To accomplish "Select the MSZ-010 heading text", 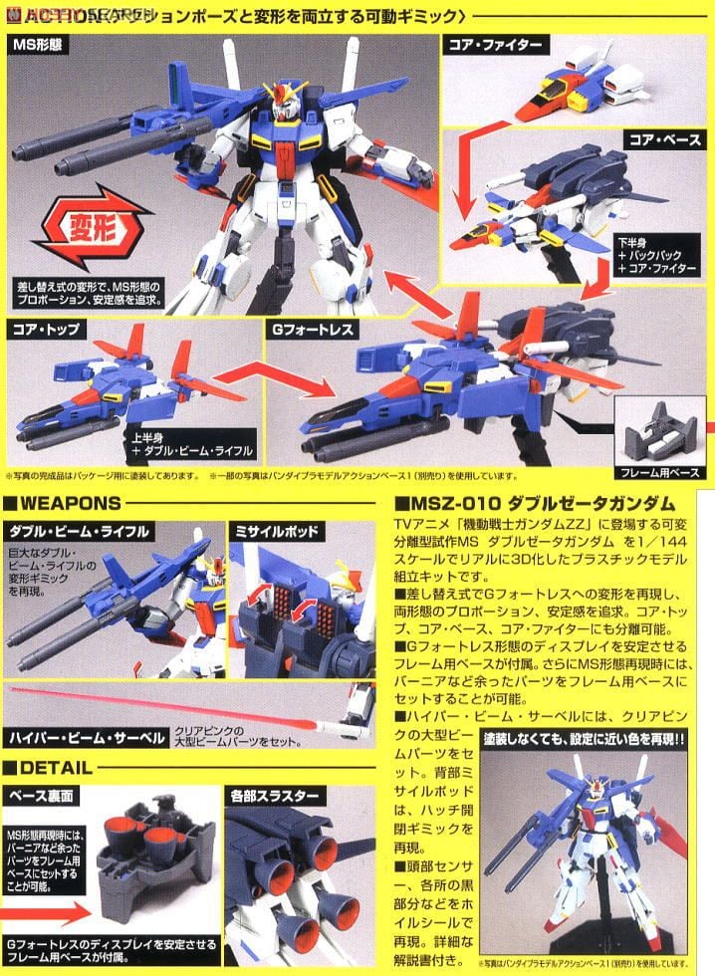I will tap(538, 503).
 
